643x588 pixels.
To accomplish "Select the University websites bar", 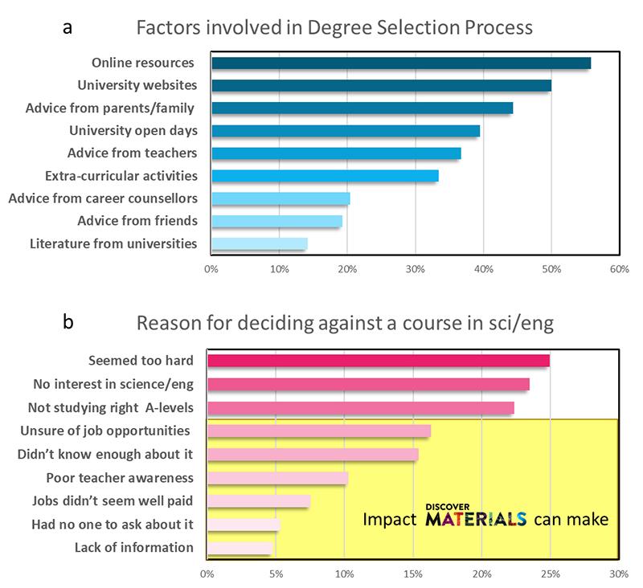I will (x=381, y=86).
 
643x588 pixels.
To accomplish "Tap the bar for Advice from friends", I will (x=276, y=221).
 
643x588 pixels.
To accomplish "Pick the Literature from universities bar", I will (x=259, y=243).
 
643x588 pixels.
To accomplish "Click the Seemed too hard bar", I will (x=379, y=361).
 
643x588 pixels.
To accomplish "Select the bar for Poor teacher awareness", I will (x=277, y=478).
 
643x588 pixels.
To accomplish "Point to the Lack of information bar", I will (x=240, y=549).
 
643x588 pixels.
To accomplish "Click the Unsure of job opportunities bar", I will (x=319, y=431).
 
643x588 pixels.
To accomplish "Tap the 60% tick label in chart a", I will (x=618, y=270).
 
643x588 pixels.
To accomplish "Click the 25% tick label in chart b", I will (x=550, y=574).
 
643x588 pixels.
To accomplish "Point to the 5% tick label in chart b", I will (x=276, y=574).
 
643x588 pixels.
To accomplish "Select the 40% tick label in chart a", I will (x=482, y=270).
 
